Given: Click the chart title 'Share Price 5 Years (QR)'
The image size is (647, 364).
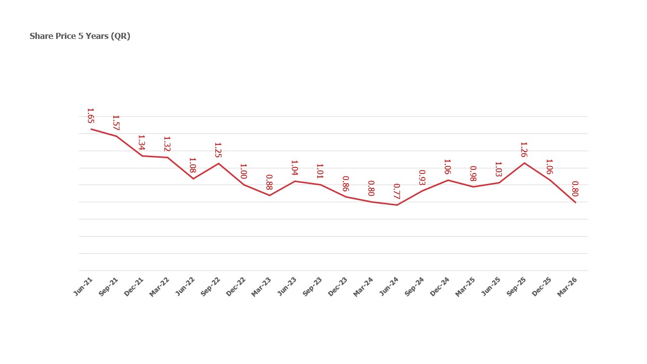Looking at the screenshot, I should (80, 36).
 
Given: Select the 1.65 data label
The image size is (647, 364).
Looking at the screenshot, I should (90, 115).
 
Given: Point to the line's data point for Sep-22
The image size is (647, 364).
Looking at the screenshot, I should (218, 163).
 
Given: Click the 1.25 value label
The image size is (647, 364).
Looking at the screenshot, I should (218, 150).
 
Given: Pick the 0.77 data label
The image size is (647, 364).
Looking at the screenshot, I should (397, 191).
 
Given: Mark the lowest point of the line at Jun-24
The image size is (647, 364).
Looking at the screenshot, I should (397, 205).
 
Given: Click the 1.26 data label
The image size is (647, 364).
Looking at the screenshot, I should (524, 150).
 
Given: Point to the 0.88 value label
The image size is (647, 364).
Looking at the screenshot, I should (269, 182).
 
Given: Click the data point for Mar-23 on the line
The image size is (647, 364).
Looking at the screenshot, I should (269, 195).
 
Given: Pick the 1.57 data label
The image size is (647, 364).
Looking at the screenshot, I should (116, 122).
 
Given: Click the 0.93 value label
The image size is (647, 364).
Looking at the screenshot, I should (422, 177).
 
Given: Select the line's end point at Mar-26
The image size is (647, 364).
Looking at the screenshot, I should (575, 202).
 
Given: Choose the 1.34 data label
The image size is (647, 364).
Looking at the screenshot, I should (142, 143).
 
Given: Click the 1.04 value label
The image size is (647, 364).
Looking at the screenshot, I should (294, 168).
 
